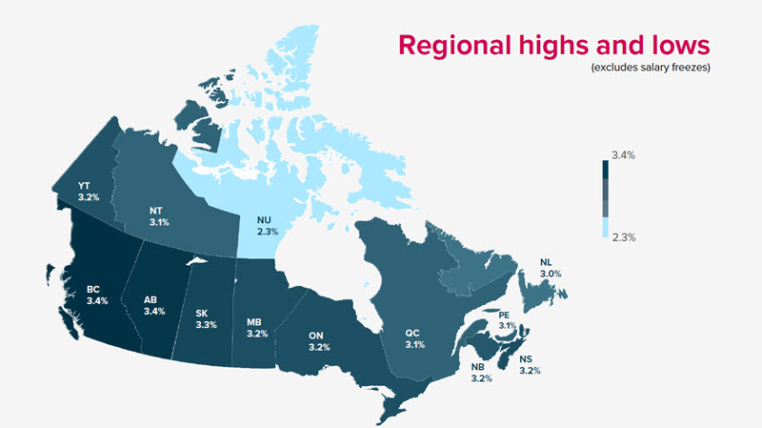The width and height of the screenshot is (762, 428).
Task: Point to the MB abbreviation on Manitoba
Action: pos(253,322)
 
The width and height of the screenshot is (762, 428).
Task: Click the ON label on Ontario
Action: pos(319,335)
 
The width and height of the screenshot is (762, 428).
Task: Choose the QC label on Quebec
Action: pos(411,332)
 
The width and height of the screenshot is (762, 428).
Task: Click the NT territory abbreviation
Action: pos(158,211)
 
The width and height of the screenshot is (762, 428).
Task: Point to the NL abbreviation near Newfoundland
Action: pos(545,261)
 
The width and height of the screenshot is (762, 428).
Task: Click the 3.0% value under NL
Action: pos(550,274)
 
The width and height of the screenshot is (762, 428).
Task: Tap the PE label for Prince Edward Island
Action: pos(506,314)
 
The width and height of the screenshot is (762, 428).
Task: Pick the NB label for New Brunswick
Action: pos(480,365)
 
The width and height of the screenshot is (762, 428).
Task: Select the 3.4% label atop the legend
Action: pos(623,154)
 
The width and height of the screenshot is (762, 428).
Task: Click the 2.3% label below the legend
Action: pos(623,236)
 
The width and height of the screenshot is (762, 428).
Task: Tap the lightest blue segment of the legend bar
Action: pos(605,227)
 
